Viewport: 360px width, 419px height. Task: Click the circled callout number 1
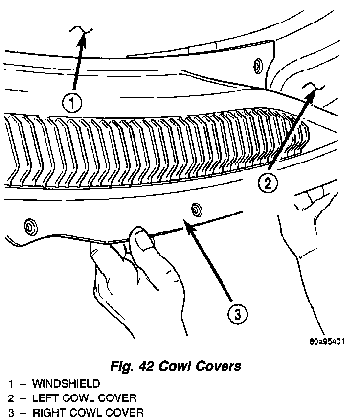coord(72,103)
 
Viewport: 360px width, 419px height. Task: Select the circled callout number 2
coord(268,184)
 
